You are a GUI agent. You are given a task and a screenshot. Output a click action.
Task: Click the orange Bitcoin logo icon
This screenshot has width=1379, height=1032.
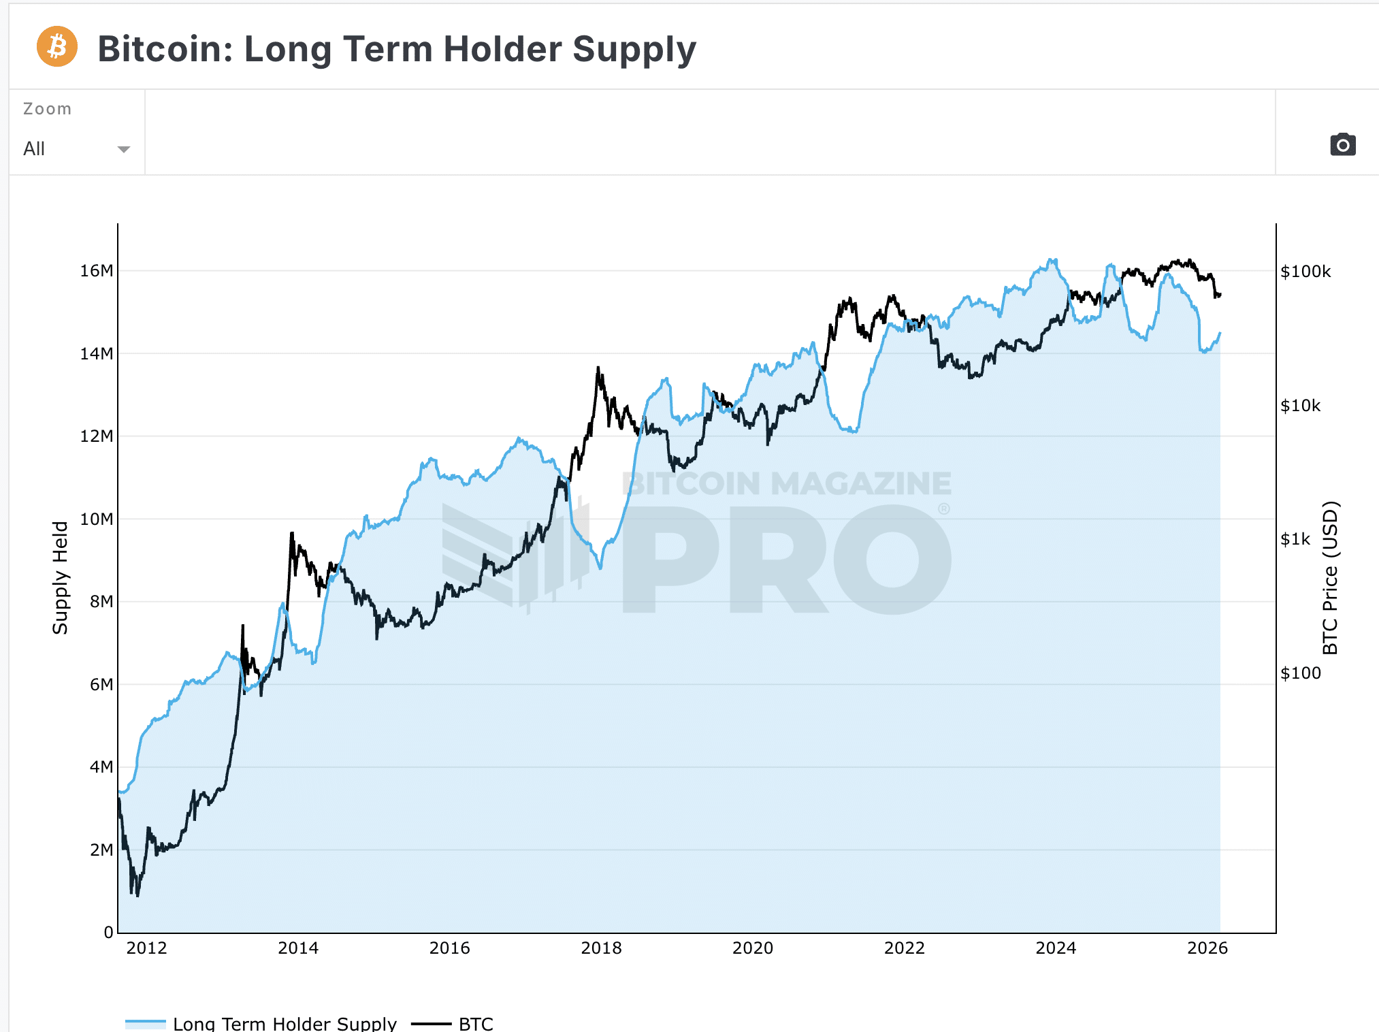(57, 47)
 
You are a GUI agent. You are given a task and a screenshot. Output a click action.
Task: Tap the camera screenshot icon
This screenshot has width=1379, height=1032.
(1342, 144)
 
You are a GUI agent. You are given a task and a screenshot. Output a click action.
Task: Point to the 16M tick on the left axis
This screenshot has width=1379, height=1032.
(97, 271)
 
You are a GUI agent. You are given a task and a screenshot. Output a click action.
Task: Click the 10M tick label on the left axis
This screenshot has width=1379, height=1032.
(97, 519)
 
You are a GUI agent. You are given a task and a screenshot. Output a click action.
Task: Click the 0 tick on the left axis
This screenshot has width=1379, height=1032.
(108, 933)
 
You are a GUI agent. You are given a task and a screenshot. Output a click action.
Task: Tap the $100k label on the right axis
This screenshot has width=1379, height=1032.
(1305, 272)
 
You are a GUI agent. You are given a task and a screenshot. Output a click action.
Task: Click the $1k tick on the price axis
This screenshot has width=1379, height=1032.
(1295, 540)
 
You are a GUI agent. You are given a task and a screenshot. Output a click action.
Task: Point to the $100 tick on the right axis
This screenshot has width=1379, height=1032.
(1300, 673)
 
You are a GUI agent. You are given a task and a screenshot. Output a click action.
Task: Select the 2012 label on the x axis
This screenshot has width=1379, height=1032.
(146, 948)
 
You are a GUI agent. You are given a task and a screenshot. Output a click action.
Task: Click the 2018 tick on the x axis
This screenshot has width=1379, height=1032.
(601, 948)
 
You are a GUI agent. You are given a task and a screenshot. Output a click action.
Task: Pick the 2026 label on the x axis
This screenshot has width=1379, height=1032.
(1207, 948)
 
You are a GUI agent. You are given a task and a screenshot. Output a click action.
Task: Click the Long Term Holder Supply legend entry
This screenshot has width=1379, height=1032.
(284, 1023)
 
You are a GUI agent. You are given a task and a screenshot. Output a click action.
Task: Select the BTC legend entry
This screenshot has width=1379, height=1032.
(475, 1023)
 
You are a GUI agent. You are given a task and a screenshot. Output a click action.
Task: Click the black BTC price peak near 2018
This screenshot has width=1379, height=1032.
(598, 369)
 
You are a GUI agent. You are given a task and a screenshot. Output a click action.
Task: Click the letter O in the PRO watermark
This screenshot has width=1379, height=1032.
(892, 560)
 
